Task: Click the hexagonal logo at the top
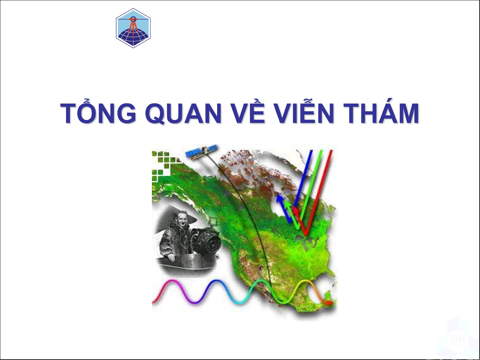(x=133, y=28)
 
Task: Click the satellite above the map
(x=201, y=152)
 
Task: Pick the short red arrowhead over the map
(x=296, y=210)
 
